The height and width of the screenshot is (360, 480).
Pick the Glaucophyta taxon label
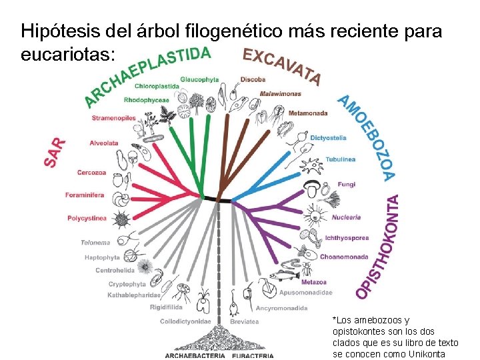coord(199,79)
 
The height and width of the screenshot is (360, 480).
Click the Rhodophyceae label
coord(146,100)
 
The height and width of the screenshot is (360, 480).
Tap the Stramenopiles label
coord(114,118)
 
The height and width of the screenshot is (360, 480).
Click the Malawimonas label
coord(281,93)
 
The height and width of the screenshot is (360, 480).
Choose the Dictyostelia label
coord(329,138)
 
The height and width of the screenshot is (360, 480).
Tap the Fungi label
coord(347,184)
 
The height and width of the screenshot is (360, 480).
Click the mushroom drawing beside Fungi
coord(311,185)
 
